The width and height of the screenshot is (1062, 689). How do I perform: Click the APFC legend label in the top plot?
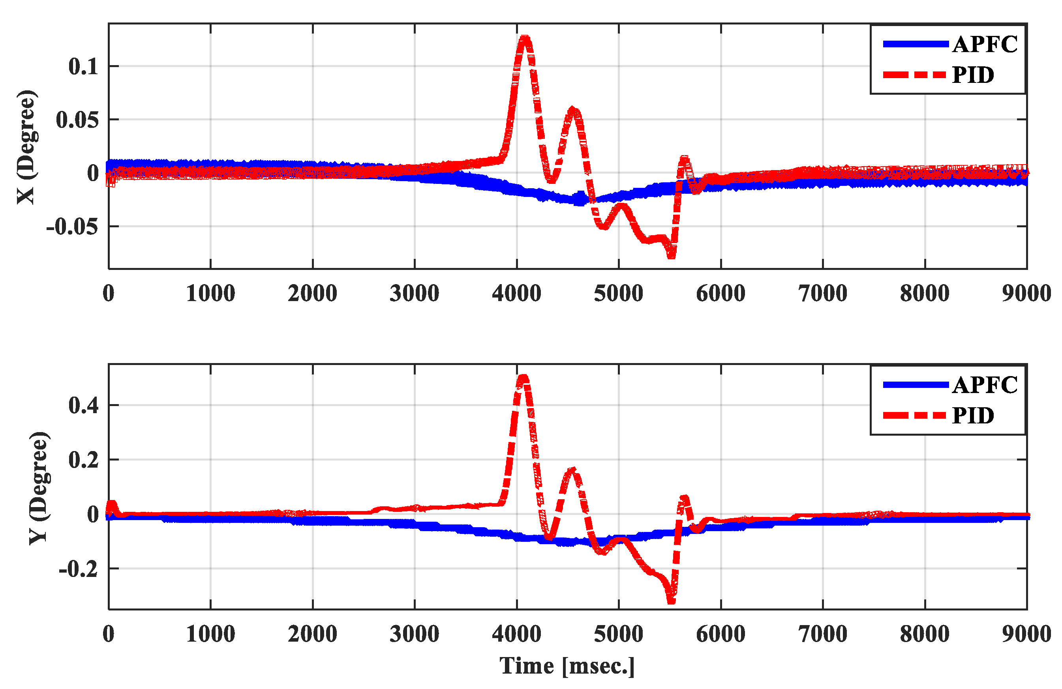tap(984, 44)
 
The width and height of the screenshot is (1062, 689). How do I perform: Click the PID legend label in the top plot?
tap(973, 75)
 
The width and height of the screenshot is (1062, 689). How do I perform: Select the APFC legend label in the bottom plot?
tap(984, 385)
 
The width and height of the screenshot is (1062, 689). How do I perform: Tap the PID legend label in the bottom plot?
tap(973, 416)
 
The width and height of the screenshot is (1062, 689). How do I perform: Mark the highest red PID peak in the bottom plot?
tap(523, 377)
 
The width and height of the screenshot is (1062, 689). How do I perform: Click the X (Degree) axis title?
tap(26, 147)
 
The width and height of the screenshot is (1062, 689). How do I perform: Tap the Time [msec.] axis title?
tap(567, 666)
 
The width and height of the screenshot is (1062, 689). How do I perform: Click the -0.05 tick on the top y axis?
tap(72, 227)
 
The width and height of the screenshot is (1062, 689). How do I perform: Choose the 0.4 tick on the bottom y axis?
tap(83, 405)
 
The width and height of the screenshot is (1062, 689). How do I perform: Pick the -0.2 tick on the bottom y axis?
tap(78, 569)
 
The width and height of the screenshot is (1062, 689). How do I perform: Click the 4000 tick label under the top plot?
tap(516, 294)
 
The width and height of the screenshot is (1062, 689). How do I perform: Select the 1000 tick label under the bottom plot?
tap(210, 634)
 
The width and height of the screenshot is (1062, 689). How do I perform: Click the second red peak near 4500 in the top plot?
tap(573, 110)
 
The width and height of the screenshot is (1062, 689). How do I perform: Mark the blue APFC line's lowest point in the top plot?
tap(579, 202)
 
